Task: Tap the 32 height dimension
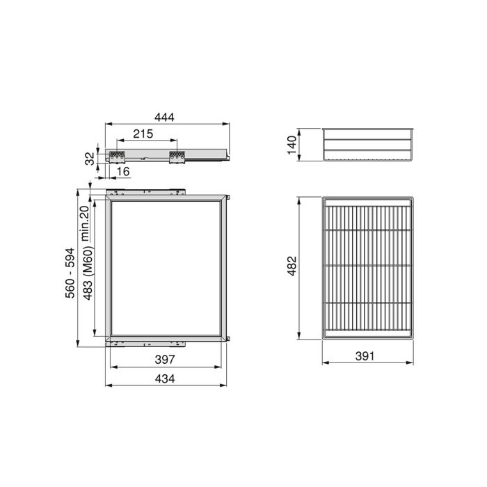(x=90, y=158)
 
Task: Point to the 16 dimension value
(x=123, y=171)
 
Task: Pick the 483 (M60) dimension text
(x=88, y=276)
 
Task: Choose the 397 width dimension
(x=164, y=359)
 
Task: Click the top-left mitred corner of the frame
(x=109, y=199)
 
